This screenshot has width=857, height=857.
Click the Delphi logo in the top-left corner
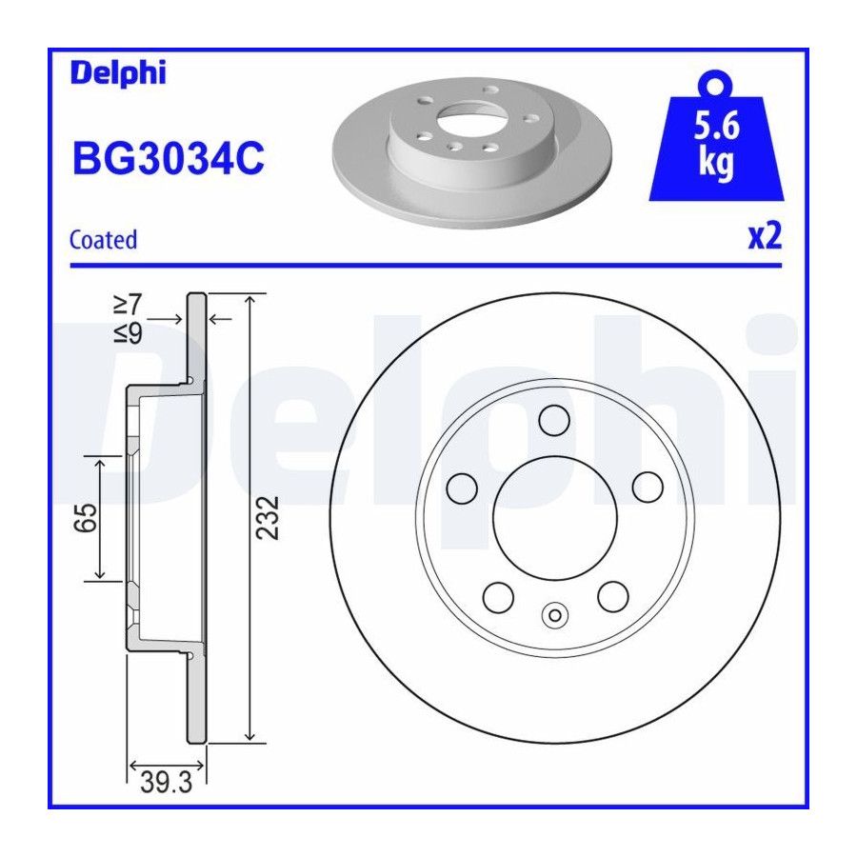point(118,72)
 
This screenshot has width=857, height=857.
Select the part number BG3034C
point(169,158)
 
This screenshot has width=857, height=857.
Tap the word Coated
point(103,240)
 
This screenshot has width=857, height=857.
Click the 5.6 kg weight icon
point(716,136)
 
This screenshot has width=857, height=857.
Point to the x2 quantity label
point(766,236)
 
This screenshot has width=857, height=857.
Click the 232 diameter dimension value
point(268,518)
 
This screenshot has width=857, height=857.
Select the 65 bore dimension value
point(86,518)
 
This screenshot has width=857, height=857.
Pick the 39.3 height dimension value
point(166,783)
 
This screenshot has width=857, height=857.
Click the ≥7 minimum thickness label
point(128,305)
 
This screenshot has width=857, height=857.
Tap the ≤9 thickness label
point(128,333)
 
